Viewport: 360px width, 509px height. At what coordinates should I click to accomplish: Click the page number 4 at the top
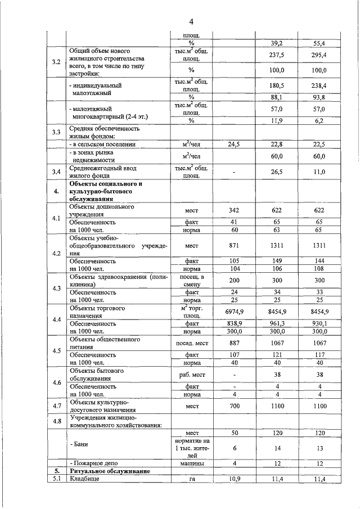pyautogui.click(x=191, y=21)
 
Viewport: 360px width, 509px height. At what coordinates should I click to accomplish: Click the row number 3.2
pyautogui.click(x=56, y=61)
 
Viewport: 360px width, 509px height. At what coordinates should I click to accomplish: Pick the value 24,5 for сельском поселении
pyautogui.click(x=234, y=145)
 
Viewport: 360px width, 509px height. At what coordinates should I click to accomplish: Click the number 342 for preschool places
pyautogui.click(x=234, y=210)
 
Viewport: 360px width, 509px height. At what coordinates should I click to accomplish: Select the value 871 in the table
pyautogui.click(x=234, y=246)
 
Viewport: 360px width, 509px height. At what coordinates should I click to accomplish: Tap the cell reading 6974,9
pyautogui.click(x=234, y=312)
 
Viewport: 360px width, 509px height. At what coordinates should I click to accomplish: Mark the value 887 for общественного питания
pyautogui.click(x=234, y=343)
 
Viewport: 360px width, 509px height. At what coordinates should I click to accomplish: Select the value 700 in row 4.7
pyautogui.click(x=234, y=406)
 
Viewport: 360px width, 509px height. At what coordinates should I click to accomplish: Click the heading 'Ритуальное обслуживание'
pyautogui.click(x=106, y=471)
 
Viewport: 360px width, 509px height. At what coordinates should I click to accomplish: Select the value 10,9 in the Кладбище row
pyautogui.click(x=234, y=479)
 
